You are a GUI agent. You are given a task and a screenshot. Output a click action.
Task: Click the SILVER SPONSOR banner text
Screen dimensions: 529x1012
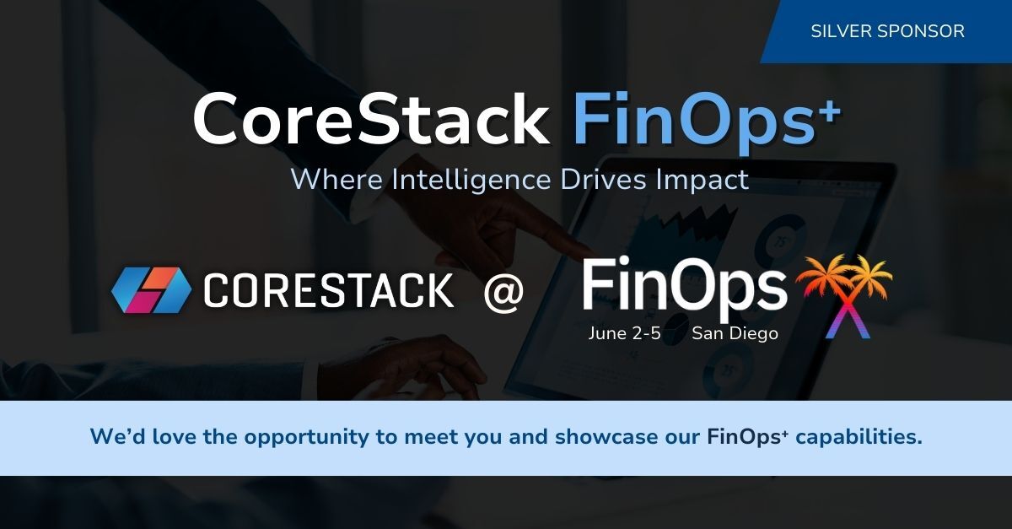[x=887, y=31]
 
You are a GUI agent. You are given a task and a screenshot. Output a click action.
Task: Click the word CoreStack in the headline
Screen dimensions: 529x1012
[x=371, y=120]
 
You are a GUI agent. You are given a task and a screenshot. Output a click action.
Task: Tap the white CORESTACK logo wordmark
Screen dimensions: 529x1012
[x=328, y=292]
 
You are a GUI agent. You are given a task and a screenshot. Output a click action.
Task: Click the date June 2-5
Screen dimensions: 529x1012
[x=624, y=333]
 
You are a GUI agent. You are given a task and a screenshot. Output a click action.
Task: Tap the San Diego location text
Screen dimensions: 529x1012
[x=735, y=333]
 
